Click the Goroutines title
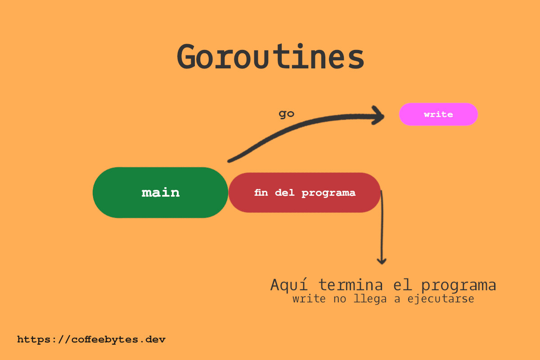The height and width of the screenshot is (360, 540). tap(270, 56)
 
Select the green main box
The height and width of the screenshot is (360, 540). tap(160, 193)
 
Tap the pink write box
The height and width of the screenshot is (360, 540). tap(438, 114)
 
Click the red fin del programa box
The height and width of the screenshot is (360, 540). tap(305, 193)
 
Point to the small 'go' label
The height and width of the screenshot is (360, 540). tap(286, 114)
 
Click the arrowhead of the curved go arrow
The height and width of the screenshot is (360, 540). tap(379, 116)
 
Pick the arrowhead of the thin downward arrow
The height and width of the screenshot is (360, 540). tap(382, 261)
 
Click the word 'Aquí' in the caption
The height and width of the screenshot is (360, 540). tap(289, 285)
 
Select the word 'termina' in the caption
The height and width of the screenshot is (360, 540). tap(351, 285)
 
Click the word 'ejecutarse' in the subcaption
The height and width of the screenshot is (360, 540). tap(441, 299)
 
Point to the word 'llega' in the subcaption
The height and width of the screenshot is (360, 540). tap(370, 299)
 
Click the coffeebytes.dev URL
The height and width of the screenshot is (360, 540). tap(91, 339)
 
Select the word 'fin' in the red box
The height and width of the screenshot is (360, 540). tap(261, 193)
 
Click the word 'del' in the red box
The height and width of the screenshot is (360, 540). tap(285, 193)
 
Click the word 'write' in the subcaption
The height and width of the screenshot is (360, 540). tap(309, 299)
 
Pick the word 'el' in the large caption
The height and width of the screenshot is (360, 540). tap(402, 285)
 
